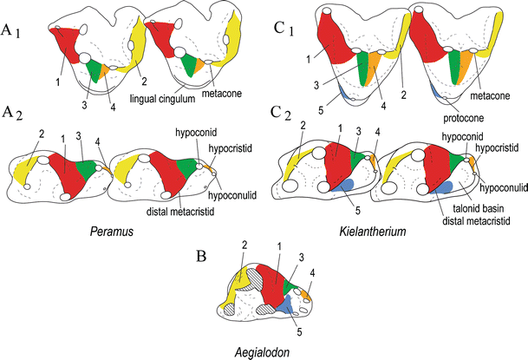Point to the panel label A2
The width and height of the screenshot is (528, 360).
pos(15,135)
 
